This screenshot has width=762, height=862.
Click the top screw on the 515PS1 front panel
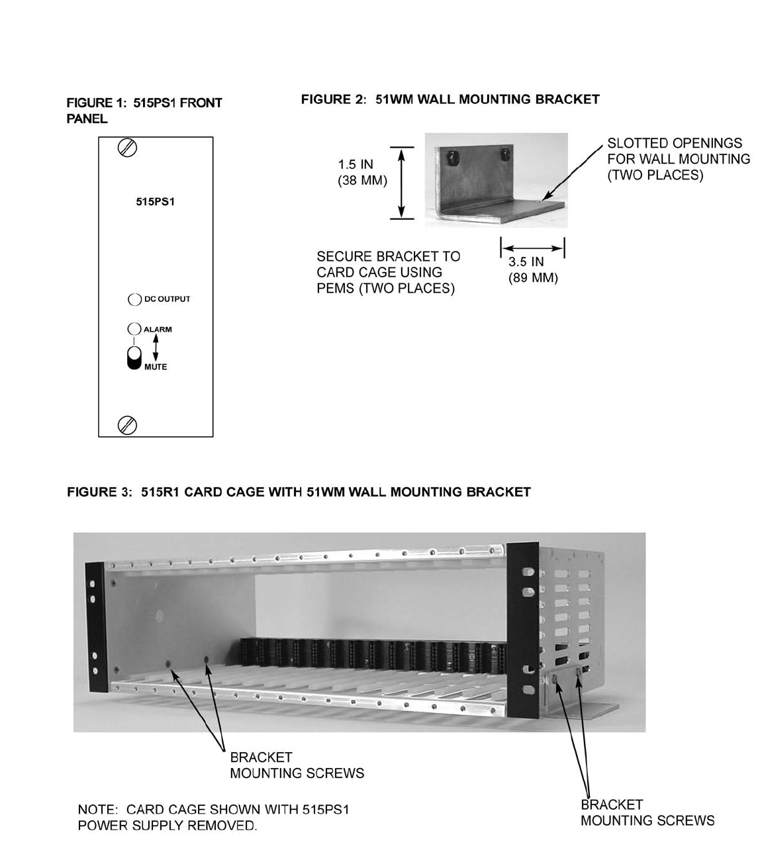coord(127,148)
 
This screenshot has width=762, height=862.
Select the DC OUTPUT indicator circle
coord(134,299)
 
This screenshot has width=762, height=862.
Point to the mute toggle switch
coord(134,357)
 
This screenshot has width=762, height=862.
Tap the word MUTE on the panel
coord(156,367)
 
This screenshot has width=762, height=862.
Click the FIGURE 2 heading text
coord(450,99)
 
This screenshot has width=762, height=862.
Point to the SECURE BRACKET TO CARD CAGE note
coord(388,272)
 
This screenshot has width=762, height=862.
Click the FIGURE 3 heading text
coord(299,492)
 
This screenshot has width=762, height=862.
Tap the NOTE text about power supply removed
coord(213,817)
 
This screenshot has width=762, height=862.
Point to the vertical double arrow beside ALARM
coord(156,347)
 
